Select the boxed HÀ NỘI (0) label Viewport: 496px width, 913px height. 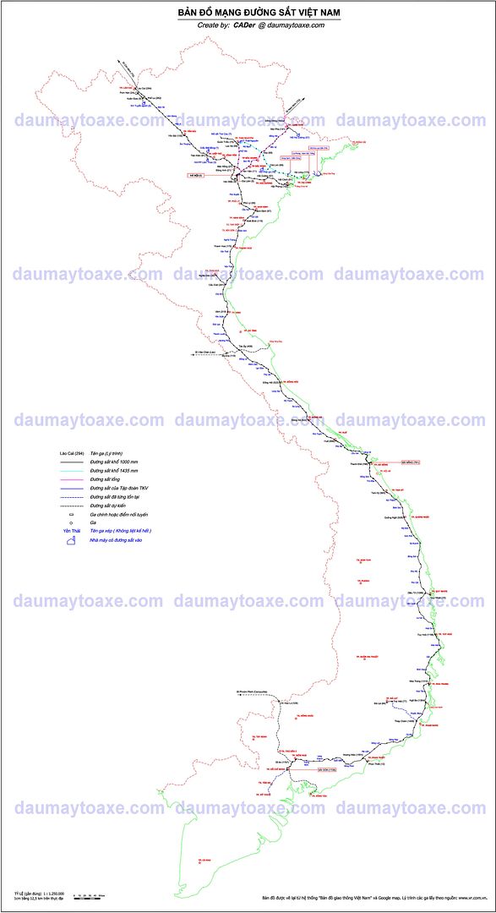196,175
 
